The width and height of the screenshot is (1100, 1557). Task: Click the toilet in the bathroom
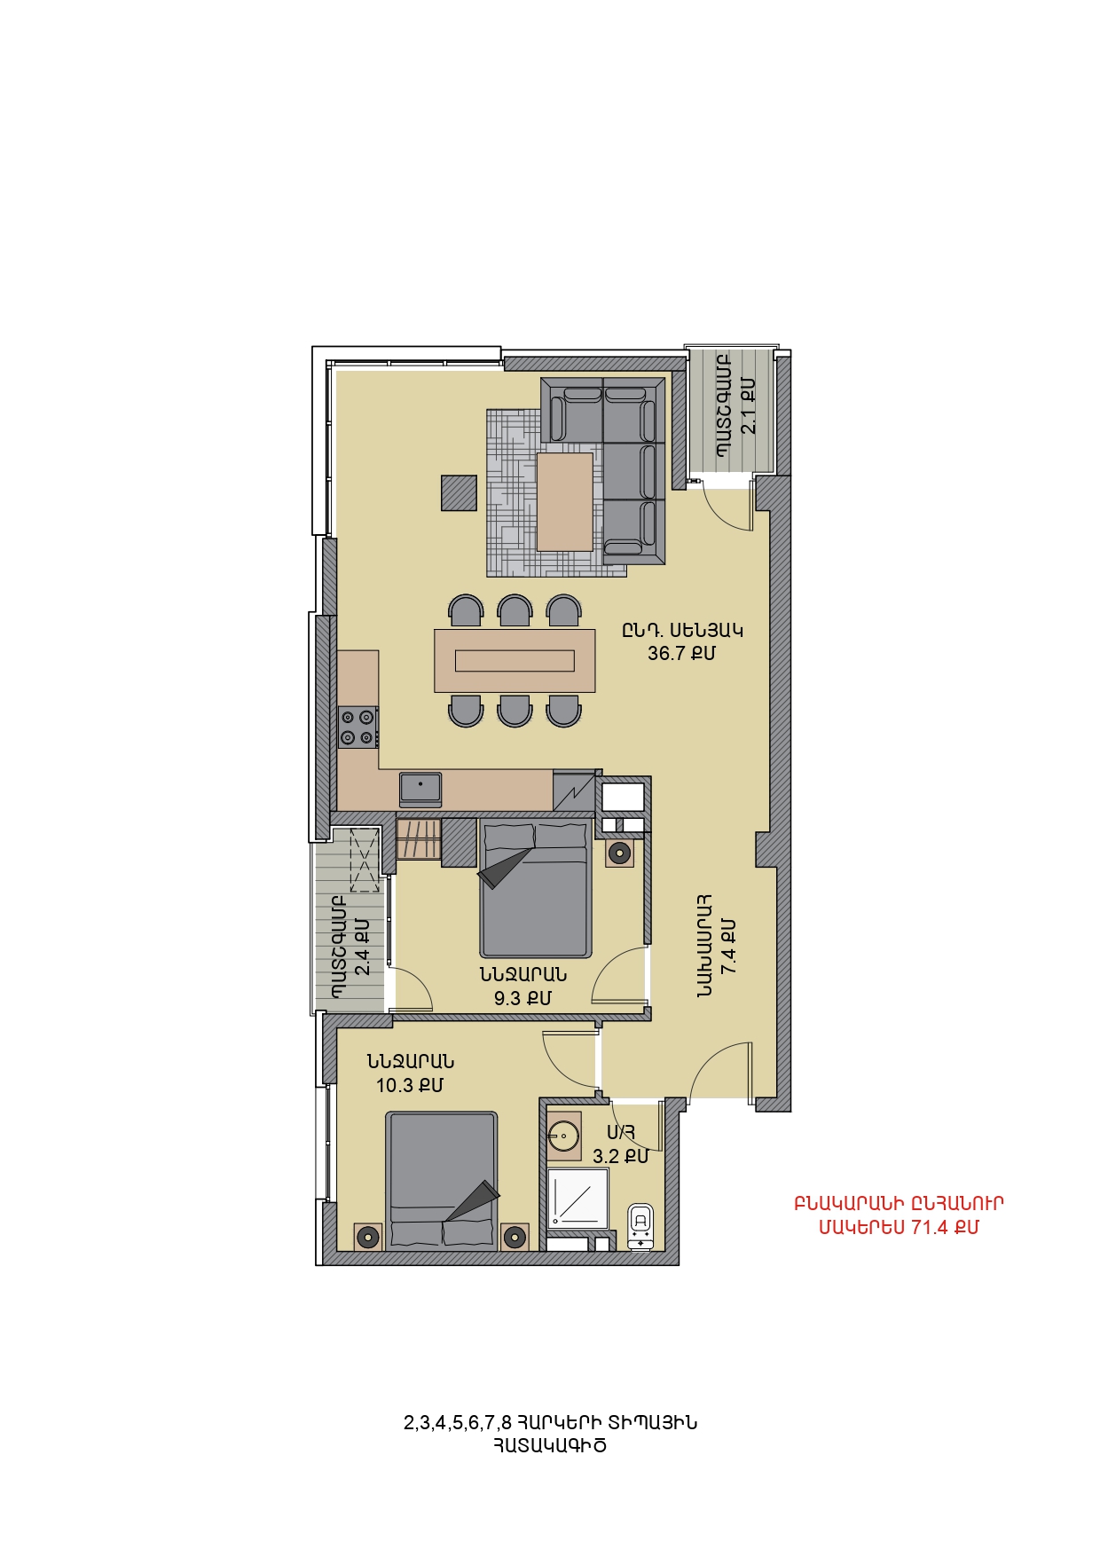coord(640,1225)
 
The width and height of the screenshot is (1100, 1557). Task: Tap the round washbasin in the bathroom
coord(563,1135)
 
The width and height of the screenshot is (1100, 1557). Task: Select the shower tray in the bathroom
coord(578,1199)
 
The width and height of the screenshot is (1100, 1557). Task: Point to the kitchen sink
coord(420,788)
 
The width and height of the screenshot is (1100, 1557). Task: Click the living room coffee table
coord(564,501)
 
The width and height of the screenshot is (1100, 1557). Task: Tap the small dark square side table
coord(460,492)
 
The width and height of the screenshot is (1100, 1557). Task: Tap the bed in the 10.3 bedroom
coord(441,1180)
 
